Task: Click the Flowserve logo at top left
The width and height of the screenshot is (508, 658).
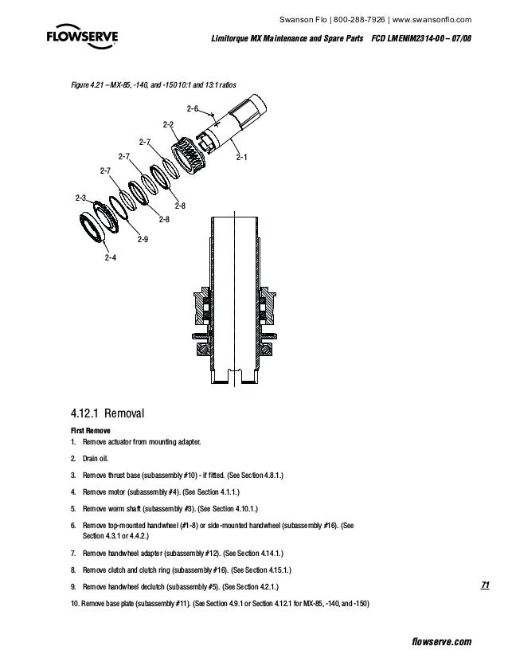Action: tap(80, 40)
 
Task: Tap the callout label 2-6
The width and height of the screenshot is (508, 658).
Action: tap(192, 108)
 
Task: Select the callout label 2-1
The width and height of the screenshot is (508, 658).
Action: tap(241, 157)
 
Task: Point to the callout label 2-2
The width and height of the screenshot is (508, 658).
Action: tap(168, 124)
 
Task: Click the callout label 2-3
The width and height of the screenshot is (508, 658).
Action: tap(80, 197)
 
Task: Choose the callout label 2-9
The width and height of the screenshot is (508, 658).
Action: tap(143, 239)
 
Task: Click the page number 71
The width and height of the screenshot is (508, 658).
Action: tap(485, 586)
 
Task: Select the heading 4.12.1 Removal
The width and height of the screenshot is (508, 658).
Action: tap(110, 413)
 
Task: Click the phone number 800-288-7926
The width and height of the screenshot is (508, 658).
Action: tap(361, 20)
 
